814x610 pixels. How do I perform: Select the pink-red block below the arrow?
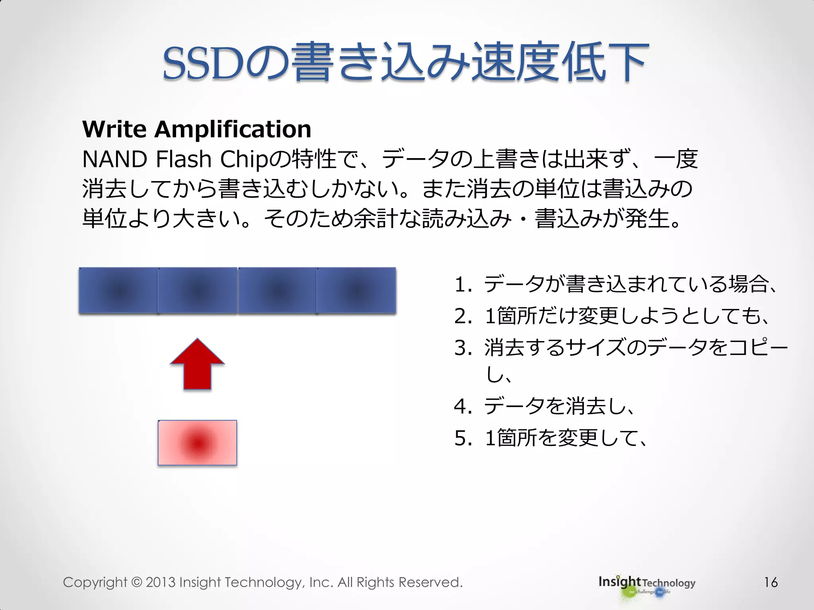pyautogui.click(x=197, y=442)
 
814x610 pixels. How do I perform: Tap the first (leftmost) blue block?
pyautogui.click(x=118, y=290)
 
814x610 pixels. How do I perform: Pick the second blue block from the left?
pyautogui.click(x=198, y=290)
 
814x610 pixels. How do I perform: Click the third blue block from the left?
pyautogui.click(x=277, y=290)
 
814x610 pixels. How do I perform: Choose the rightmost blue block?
pyautogui.click(x=356, y=290)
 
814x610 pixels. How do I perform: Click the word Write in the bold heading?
pyautogui.click(x=114, y=129)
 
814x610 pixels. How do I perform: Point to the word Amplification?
pyautogui.click(x=233, y=129)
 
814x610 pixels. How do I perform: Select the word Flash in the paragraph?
pyautogui.click(x=183, y=160)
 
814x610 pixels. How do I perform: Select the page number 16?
pyautogui.click(x=771, y=583)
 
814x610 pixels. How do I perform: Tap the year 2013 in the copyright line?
pyautogui.click(x=160, y=583)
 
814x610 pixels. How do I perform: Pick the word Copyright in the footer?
pyautogui.click(x=95, y=583)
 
